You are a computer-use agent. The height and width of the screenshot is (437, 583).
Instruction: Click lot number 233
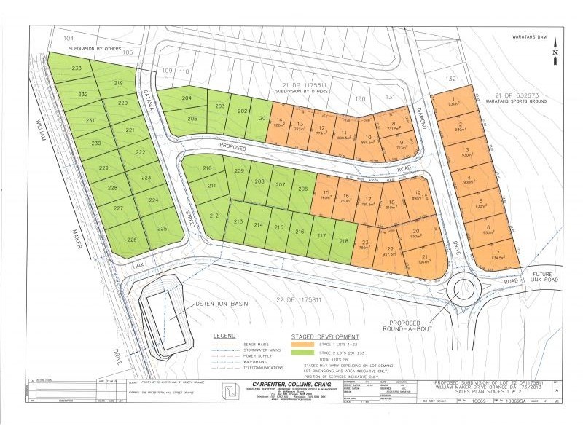pos(76,68)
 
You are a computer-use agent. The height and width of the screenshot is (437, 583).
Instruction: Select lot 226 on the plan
pos(132,239)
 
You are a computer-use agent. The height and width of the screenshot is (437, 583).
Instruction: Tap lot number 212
pos(214,216)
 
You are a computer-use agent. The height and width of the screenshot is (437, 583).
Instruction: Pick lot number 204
pos(187,98)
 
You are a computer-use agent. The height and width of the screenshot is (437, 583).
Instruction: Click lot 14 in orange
pos(278,122)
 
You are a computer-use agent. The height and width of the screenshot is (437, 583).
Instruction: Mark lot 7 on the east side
pos(498,253)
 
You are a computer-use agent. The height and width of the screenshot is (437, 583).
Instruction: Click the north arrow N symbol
pos(555,53)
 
